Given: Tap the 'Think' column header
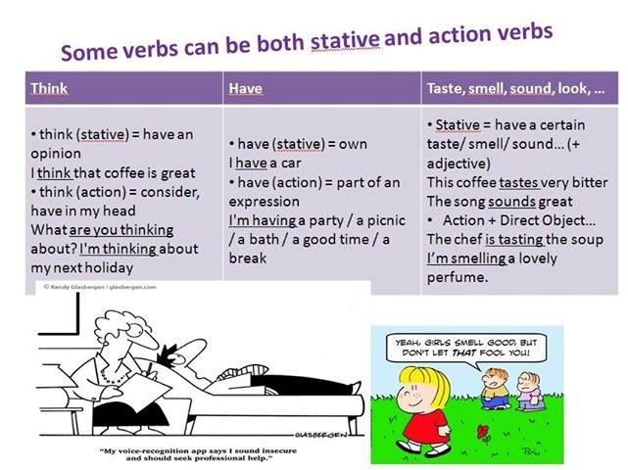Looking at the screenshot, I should [49, 88].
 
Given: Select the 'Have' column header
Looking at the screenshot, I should [245, 89].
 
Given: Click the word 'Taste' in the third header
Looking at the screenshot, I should [447, 88].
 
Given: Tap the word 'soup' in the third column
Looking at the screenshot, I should [579, 239].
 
